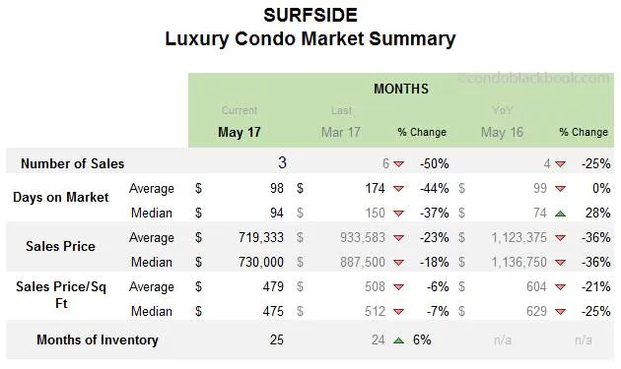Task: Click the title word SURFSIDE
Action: point(310,15)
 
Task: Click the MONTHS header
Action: point(400,89)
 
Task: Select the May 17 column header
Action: point(239,132)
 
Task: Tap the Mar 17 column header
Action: point(341,132)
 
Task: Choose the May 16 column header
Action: point(502,132)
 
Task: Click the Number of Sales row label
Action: point(72,163)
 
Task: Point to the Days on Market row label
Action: point(60,197)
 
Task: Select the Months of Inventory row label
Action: point(97,340)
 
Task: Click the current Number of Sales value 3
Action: point(281,163)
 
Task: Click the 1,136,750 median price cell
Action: point(514,262)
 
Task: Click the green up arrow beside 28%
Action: point(560,214)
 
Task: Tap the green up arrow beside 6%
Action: point(398,340)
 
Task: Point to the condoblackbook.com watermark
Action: point(535,78)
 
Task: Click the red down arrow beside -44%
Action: point(398,189)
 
